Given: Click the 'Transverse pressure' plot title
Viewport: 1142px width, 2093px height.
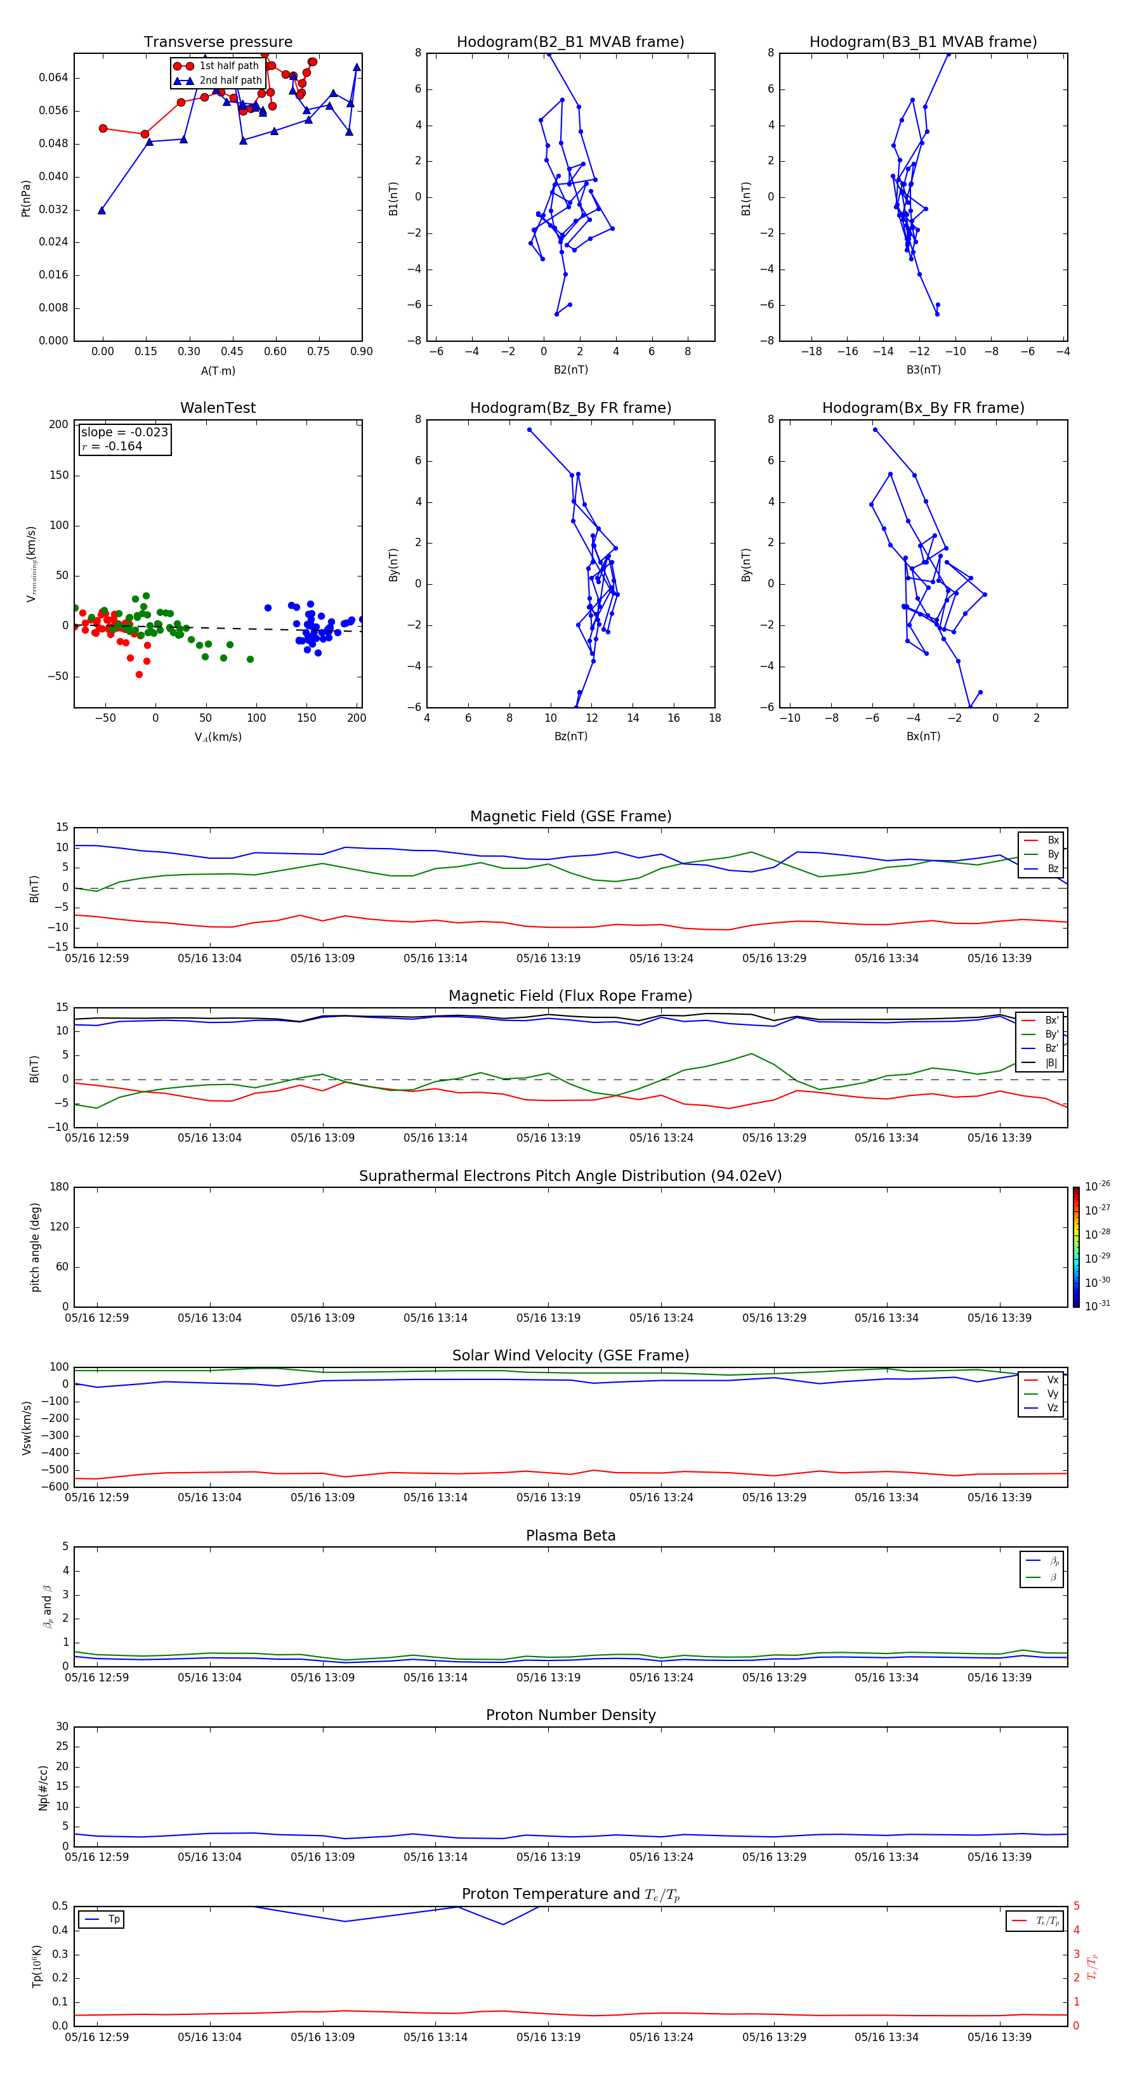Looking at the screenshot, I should click(218, 42).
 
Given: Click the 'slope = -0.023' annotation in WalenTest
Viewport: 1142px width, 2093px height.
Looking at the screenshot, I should click(124, 433).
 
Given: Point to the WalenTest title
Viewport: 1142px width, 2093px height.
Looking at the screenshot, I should click(218, 408).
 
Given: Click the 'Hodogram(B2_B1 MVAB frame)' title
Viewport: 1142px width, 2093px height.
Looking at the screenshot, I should click(570, 42).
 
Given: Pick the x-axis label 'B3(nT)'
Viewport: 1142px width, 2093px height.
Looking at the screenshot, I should click(923, 370).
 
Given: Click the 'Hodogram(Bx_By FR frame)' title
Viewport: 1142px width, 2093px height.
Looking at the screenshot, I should click(922, 408).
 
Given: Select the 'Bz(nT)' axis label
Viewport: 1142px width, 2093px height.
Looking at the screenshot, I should click(570, 736).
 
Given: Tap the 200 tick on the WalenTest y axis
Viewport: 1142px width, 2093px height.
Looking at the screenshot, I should click(58, 424).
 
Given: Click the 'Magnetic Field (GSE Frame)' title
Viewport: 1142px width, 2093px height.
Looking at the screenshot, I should click(570, 816).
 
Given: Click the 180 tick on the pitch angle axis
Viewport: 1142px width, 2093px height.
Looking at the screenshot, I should click(58, 1187).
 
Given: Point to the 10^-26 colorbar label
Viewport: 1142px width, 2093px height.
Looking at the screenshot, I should click(1098, 1186).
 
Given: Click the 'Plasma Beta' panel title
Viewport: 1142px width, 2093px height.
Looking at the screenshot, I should click(570, 1536).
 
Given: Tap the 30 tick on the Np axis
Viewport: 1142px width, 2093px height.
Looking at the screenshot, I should click(62, 1726).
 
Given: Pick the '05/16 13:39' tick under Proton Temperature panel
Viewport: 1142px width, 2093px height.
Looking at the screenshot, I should click(999, 2037).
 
